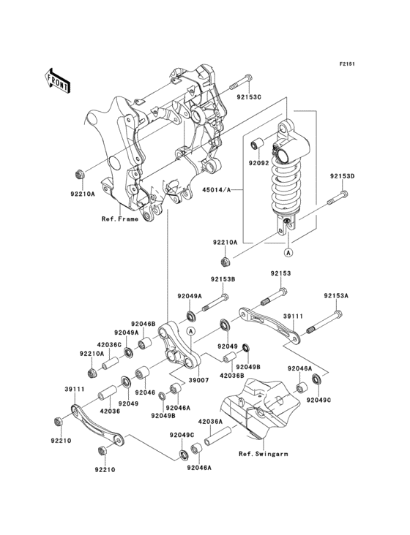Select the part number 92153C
point(248,95)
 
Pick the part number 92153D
point(341,176)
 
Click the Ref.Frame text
point(119,218)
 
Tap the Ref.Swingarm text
point(263,454)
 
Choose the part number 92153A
point(336,296)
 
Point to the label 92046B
point(143,323)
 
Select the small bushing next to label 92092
point(258,142)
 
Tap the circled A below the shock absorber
point(288,252)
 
